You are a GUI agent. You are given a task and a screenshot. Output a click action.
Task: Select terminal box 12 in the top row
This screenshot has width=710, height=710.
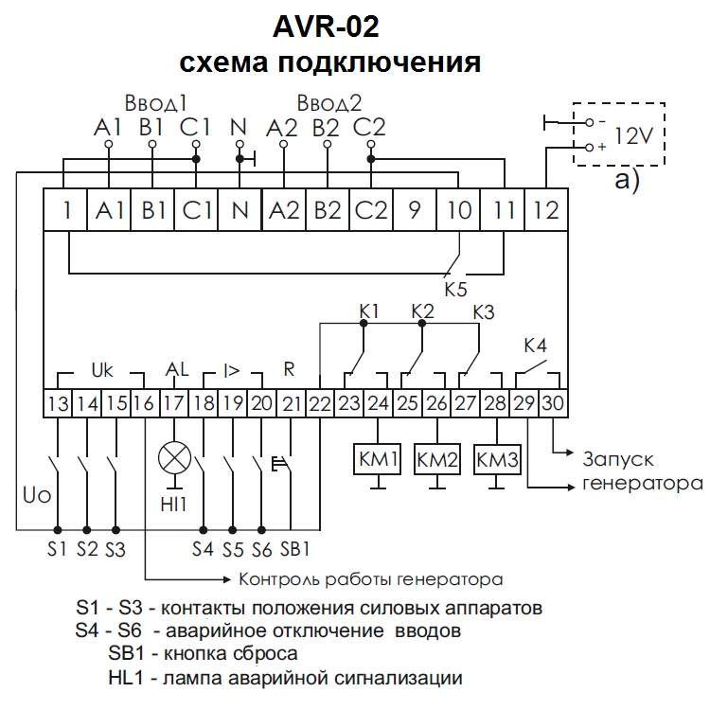coord(546,210)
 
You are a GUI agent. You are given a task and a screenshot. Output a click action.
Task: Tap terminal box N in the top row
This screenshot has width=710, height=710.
coord(240,210)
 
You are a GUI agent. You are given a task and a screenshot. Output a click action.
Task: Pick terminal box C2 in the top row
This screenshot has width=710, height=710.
coord(370,210)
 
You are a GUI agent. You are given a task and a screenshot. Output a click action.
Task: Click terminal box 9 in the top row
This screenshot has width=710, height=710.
coord(414,210)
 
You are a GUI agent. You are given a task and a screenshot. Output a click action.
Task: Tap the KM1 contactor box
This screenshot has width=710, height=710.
coord(378,461)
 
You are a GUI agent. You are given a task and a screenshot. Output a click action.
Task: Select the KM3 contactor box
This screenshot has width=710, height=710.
coord(498,461)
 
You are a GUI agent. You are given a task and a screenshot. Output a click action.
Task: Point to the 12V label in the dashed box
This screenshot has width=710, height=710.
coord(633,134)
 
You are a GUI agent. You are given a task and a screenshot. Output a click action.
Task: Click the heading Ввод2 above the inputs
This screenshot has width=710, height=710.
coord(328,102)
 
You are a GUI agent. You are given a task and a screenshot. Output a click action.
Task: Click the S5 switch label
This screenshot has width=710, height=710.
coord(233,548)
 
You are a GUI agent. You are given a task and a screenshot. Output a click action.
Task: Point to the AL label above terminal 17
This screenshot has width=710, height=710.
coord(177,368)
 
